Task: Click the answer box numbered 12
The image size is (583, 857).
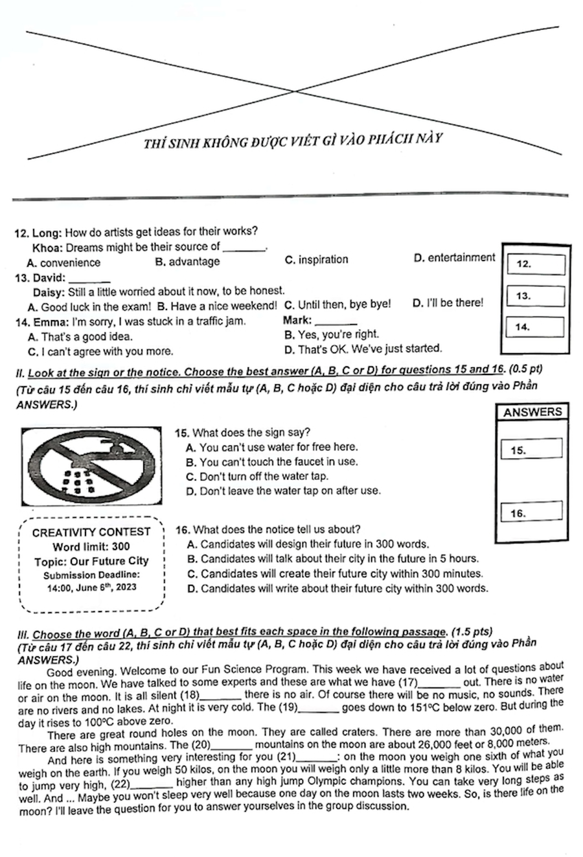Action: point(536,264)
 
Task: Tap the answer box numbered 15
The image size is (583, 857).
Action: point(531,449)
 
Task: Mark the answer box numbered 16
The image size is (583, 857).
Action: point(531,512)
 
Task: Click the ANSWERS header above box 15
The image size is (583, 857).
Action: point(532,412)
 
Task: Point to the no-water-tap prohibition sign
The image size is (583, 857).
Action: point(91,466)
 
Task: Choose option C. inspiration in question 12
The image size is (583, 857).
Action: point(316,260)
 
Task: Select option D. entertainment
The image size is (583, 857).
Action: point(453,258)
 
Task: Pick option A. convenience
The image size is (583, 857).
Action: point(63,263)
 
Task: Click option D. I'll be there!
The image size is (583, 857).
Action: point(448,303)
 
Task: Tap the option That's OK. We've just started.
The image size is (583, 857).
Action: point(363,349)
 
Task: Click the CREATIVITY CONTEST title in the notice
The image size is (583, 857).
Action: point(91,532)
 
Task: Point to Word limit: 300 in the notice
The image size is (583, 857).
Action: point(91,547)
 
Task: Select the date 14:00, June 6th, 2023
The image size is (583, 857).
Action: point(91,588)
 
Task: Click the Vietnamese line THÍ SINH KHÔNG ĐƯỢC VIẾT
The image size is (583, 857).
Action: point(293,141)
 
